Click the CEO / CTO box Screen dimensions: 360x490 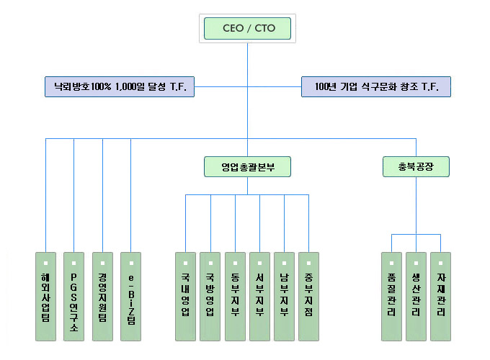click(x=247, y=29)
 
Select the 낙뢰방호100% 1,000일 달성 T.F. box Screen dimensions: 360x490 click(x=118, y=86)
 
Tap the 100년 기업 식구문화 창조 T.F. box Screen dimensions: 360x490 click(x=376, y=86)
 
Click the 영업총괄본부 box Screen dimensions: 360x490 click(x=246, y=167)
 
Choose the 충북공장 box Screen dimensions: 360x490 click(x=416, y=167)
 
